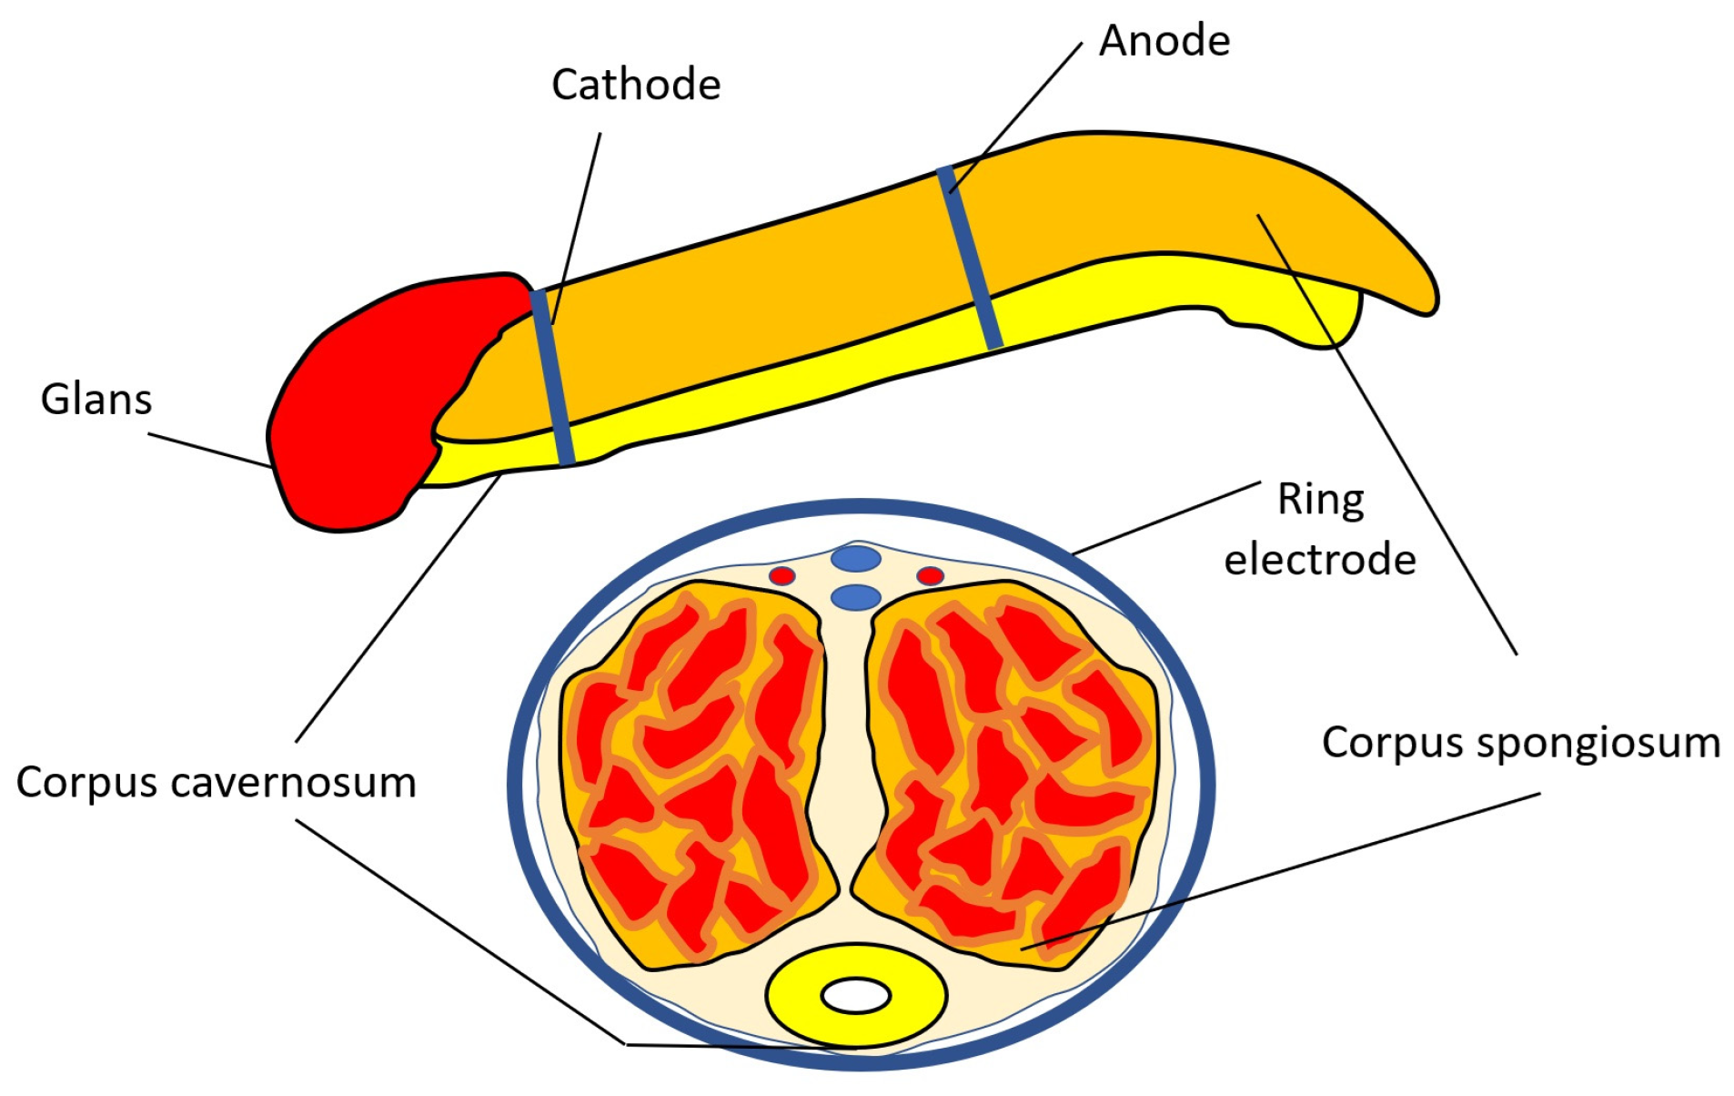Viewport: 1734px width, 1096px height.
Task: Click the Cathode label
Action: pyautogui.click(x=635, y=85)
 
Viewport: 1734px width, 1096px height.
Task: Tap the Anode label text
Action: pyautogui.click(x=1164, y=41)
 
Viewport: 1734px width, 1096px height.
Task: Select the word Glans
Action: pyautogui.click(x=96, y=400)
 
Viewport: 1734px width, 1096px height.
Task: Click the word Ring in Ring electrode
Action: pyautogui.click(x=1320, y=500)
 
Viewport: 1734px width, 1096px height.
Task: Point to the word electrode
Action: pyautogui.click(x=1319, y=560)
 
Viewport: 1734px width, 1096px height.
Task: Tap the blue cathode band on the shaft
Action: pyautogui.click(x=552, y=378)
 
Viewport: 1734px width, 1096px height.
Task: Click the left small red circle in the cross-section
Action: pyautogui.click(x=781, y=575)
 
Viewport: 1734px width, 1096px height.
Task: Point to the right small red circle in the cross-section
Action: pyautogui.click(x=930, y=575)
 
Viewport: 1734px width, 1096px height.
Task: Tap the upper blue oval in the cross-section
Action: pyautogui.click(x=856, y=558)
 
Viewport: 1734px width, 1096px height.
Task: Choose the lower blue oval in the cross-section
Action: pyautogui.click(x=856, y=597)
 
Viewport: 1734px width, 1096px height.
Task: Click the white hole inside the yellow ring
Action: pyautogui.click(x=855, y=995)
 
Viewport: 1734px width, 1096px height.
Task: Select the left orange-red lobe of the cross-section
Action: pyautogui.click(x=696, y=774)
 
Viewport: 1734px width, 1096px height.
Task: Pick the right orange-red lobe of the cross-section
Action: pyautogui.click(x=1010, y=774)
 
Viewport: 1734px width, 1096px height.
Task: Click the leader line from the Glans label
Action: pyautogui.click(x=209, y=450)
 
